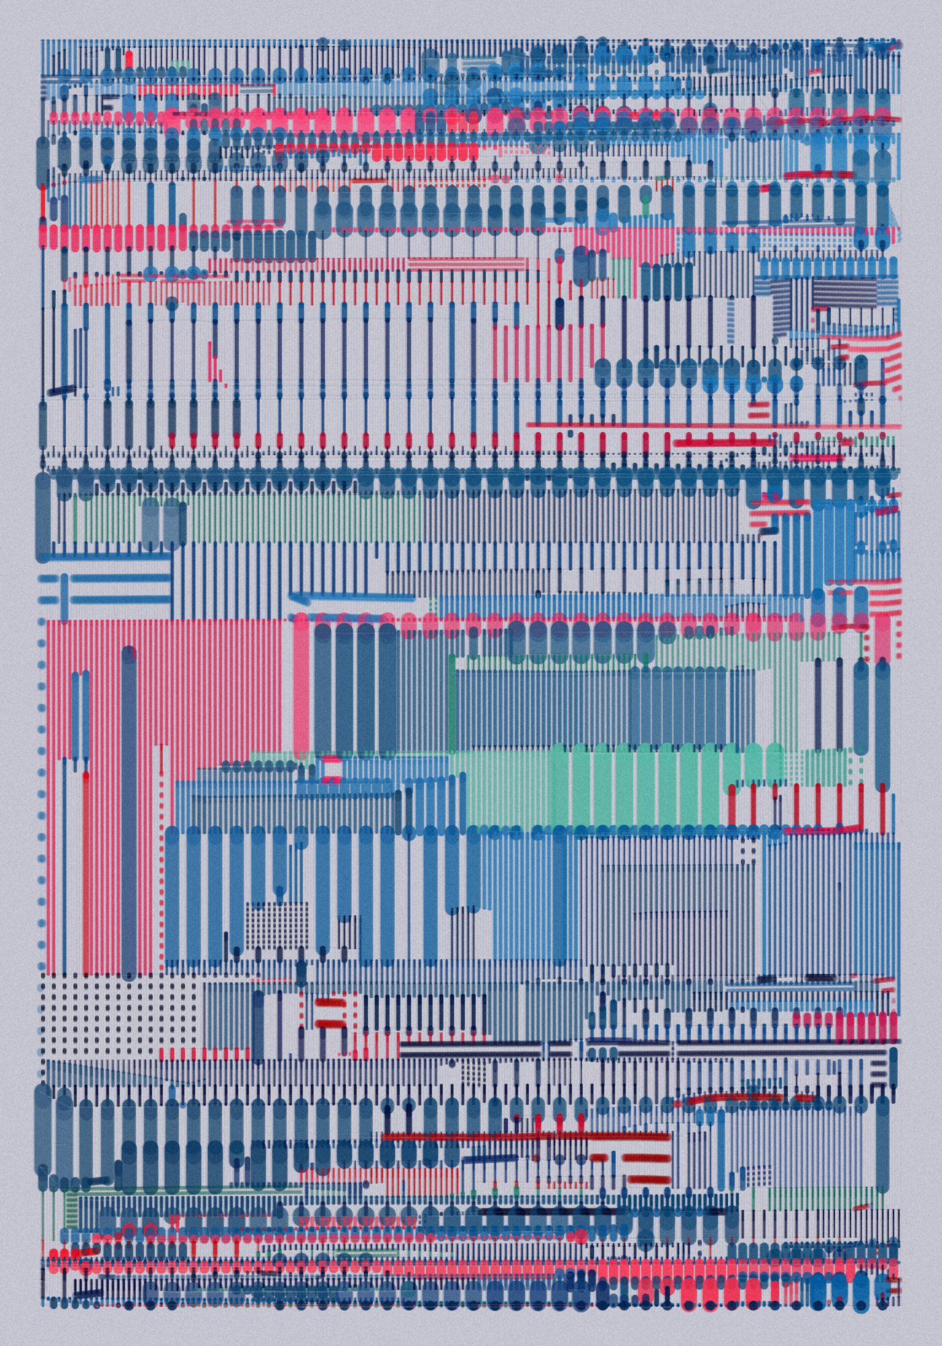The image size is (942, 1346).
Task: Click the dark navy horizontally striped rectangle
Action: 844,291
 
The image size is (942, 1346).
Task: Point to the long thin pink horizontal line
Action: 713,425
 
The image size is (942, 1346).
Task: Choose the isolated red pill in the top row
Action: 129,59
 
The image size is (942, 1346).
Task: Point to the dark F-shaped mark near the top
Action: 107,103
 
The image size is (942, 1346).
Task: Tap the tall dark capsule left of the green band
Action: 43,515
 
